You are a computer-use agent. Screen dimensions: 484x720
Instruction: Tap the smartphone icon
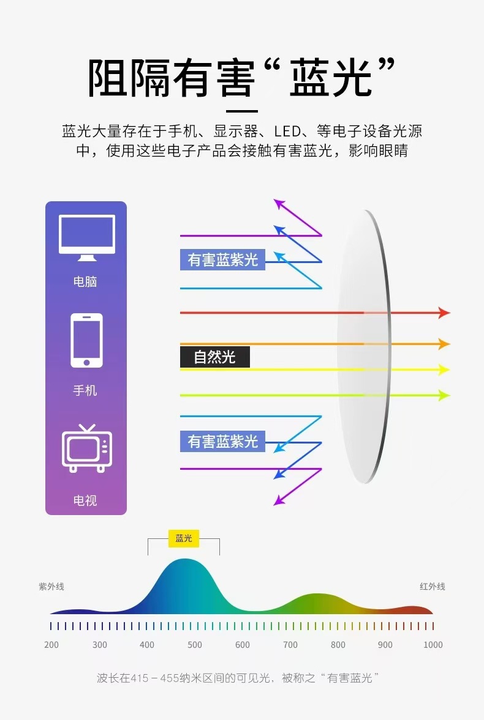coord(86,340)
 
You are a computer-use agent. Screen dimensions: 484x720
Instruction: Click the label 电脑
coord(85,282)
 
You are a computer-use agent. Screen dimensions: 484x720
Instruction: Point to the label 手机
coord(85,390)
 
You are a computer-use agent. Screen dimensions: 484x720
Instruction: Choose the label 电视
coord(85,500)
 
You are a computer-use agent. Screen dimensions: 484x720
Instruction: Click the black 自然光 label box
coord(214,357)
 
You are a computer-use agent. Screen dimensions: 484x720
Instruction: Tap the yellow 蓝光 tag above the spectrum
coord(183,538)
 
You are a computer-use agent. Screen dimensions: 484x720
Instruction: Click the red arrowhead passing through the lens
coord(444,313)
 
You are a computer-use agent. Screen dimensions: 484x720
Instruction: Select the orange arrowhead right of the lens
coord(444,344)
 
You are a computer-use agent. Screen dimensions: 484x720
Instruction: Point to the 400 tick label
coord(147,645)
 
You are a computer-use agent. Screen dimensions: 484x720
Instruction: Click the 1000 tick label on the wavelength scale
coord(433,645)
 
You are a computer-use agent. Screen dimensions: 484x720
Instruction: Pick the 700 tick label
coord(290,645)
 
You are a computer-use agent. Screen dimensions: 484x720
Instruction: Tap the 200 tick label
coord(51,645)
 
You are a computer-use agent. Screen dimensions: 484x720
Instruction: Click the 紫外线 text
coord(51,587)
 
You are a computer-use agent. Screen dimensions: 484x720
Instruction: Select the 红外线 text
coord(432,587)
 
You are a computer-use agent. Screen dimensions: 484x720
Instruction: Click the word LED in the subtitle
coord(287,132)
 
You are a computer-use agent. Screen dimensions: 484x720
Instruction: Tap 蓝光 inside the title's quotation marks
coord(331,79)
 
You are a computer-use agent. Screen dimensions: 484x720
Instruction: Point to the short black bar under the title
coord(242,111)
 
